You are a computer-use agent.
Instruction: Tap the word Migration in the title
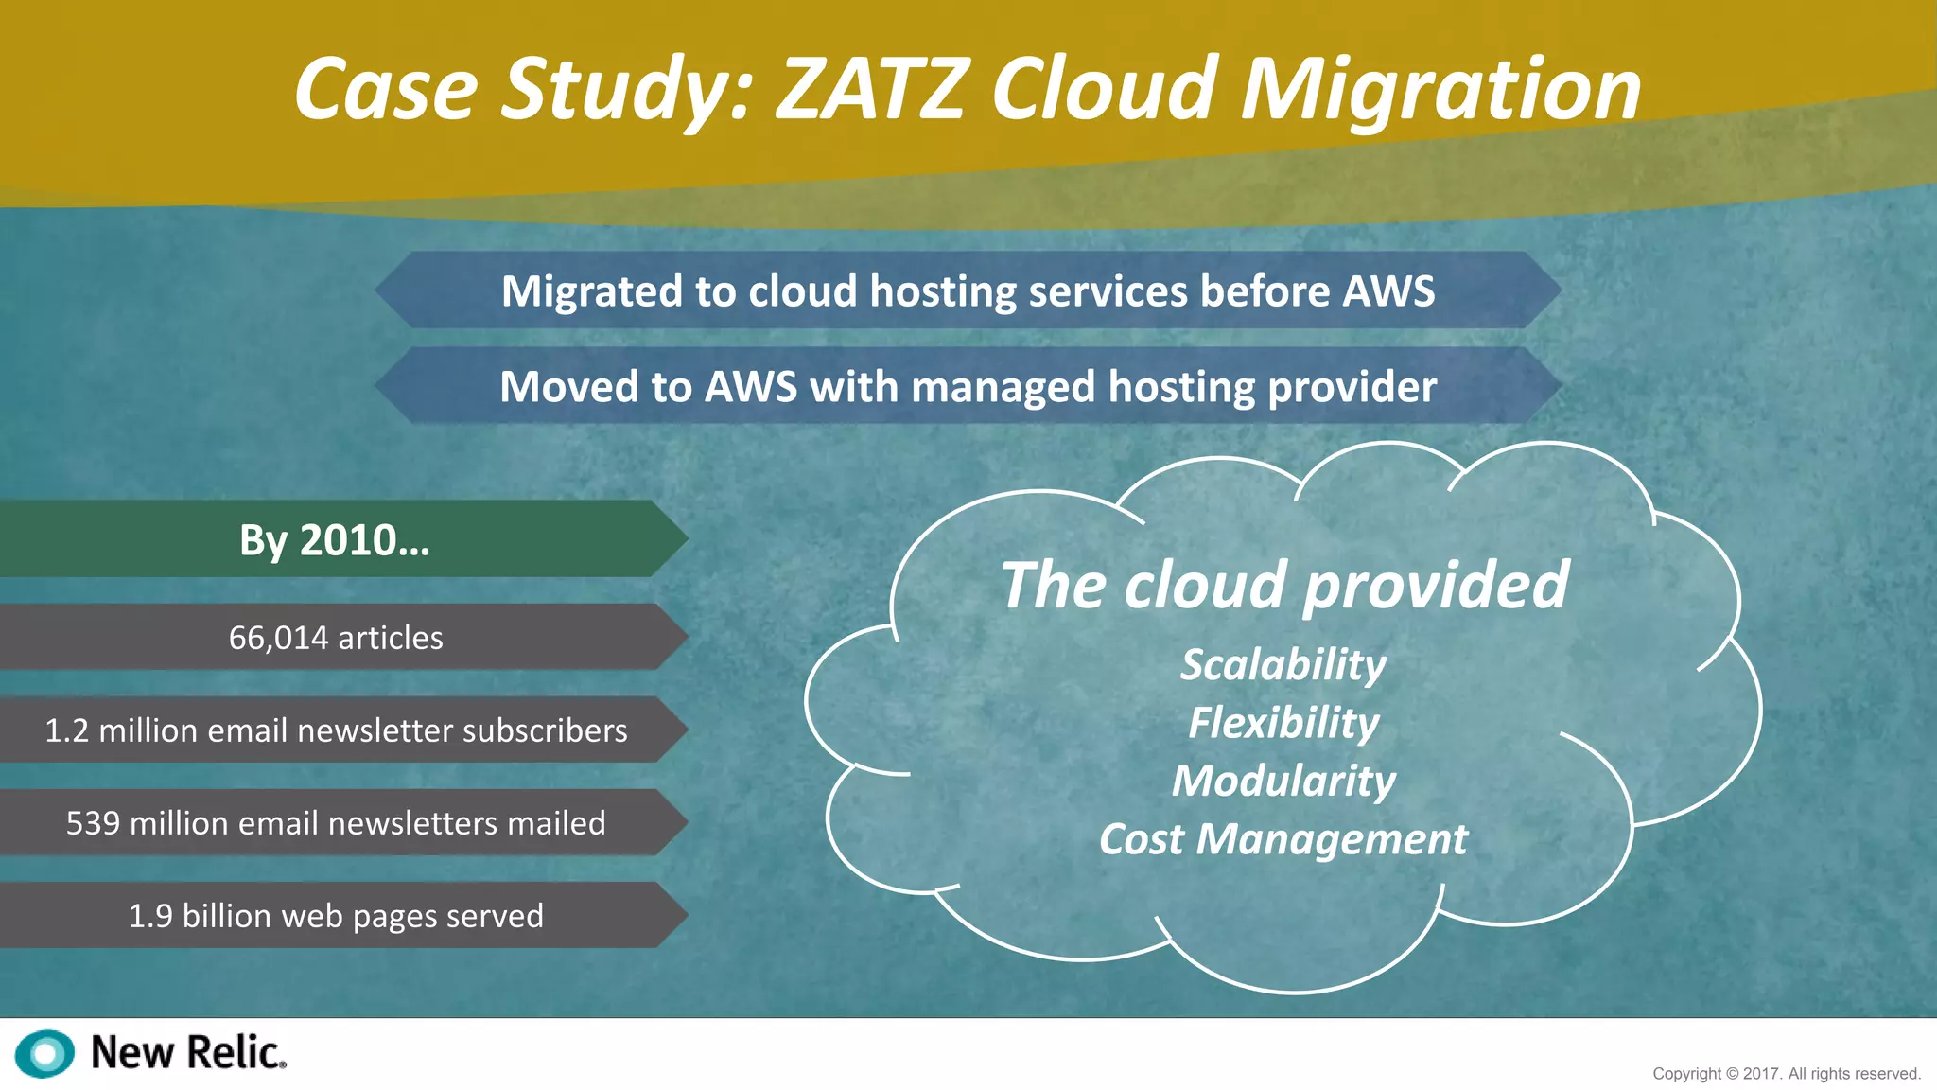(1440, 90)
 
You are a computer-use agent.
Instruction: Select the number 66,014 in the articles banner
(278, 638)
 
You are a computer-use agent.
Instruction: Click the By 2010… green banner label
(334, 540)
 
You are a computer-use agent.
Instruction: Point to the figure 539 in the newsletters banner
(93, 823)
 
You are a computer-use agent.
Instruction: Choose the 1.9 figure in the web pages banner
(150, 916)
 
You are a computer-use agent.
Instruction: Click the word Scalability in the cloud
(1283, 665)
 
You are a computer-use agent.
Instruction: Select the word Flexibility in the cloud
(1283, 724)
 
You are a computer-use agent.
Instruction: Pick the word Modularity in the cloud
(1283, 782)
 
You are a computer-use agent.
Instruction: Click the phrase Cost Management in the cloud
(1283, 839)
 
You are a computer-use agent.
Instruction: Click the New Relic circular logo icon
(44, 1053)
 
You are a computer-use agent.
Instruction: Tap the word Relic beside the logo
(234, 1052)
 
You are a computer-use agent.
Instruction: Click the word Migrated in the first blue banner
(592, 291)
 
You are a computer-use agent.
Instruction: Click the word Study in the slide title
(625, 90)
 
